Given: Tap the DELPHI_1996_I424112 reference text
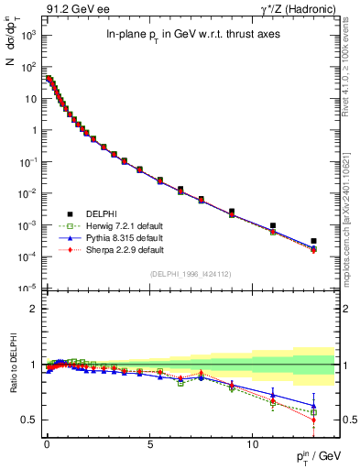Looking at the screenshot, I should pos(191,273).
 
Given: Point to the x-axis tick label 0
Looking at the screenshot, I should pos(47,440).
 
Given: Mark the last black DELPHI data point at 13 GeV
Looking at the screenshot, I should pos(313,241).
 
